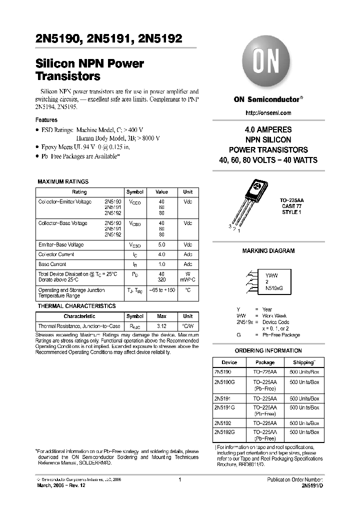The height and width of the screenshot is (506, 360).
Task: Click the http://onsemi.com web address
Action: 268,112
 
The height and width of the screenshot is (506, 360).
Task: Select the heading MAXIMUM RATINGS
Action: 63,181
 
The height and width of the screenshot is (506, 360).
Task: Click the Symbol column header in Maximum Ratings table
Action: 135,192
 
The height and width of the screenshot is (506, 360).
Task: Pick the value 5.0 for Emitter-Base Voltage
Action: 161,245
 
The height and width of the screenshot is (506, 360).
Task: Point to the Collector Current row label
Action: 55,254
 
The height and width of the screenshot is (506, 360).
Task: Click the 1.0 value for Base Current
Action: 161,264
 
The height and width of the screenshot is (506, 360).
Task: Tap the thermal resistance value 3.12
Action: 161,326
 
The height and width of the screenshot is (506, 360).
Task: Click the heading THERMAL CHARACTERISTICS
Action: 76,306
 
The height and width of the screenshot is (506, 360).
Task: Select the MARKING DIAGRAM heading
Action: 268,251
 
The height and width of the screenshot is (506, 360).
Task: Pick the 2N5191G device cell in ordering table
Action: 224,408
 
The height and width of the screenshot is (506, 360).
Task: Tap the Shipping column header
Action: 304,362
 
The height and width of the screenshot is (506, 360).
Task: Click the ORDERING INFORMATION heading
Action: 268,350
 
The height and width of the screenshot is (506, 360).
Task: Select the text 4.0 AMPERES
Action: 268,129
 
